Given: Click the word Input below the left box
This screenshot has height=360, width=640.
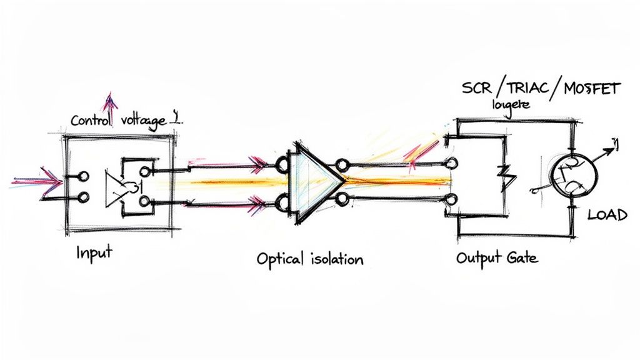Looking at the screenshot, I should [x=94, y=252].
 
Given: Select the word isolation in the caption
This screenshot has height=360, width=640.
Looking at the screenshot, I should [x=335, y=258].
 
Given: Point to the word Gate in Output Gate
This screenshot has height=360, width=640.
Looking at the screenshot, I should [x=520, y=257].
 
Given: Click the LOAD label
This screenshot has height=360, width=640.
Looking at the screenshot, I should [x=607, y=215].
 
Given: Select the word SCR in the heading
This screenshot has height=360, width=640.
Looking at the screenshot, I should [x=477, y=88].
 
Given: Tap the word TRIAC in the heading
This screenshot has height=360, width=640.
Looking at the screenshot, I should [x=521, y=88].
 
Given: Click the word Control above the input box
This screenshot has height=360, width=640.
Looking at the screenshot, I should [x=91, y=121].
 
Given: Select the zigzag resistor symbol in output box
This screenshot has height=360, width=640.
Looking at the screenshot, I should [x=507, y=179].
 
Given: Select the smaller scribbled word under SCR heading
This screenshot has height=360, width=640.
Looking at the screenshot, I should [x=511, y=105].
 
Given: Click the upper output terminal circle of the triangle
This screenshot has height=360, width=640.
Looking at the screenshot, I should [x=341, y=166].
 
